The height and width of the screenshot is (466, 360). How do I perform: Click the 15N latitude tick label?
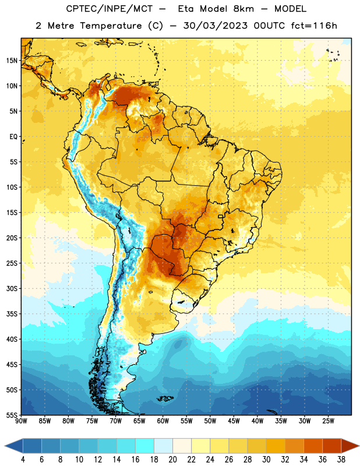pos(12,61)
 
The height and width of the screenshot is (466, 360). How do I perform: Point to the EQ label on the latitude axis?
pos(13,137)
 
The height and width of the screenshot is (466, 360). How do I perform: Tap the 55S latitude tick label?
pos(12,415)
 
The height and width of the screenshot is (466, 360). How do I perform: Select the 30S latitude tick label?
pos(12,288)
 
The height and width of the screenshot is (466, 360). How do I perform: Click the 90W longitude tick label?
pos(21,421)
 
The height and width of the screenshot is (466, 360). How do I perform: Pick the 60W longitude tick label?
pos(163,421)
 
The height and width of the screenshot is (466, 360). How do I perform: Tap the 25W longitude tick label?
pos(328,421)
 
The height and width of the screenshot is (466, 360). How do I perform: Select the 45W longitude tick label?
pos(234,421)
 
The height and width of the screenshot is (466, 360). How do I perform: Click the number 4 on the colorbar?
pos(23,460)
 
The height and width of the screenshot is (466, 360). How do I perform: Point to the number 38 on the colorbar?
pos(341,460)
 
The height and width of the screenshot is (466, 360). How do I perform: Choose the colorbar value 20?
pos(172,460)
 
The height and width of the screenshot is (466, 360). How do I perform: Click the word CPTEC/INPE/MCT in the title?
pos(109,9)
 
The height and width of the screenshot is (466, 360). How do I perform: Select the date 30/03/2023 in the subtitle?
pos(215,26)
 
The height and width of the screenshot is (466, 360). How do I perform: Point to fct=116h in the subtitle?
pos(314,26)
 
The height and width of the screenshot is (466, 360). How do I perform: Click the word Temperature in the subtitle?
pos(111,26)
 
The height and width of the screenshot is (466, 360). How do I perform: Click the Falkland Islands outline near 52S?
pos(165,398)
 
